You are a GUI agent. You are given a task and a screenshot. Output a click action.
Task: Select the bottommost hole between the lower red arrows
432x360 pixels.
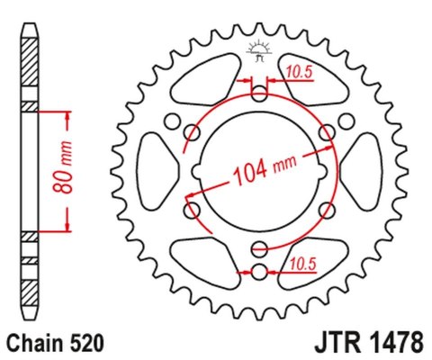[x=259, y=271]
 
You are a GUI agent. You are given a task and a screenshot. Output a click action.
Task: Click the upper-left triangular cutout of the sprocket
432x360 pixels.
[x=196, y=90]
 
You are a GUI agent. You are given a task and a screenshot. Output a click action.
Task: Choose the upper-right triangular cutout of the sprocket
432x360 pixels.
[x=322, y=90]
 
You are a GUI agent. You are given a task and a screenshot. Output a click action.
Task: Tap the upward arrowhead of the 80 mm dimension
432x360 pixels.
[x=67, y=114]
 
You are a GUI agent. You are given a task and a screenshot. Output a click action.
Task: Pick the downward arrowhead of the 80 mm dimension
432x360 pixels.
[x=67, y=229]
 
